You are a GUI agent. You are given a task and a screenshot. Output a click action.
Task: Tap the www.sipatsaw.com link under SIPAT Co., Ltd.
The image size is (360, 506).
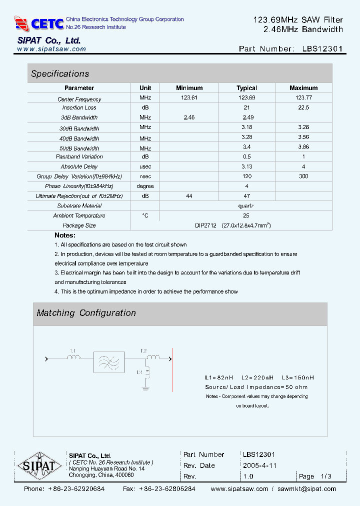click(x=51, y=49)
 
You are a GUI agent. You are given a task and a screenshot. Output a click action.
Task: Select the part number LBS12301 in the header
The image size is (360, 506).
click(x=323, y=49)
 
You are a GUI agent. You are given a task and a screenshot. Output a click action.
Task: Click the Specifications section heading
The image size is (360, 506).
click(x=60, y=74)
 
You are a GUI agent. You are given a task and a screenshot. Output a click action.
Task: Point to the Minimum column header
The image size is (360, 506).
click(x=189, y=88)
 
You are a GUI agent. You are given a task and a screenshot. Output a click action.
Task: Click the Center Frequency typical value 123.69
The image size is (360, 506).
click(x=246, y=98)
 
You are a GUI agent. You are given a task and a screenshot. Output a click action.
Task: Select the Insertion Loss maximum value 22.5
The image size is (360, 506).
click(x=303, y=107)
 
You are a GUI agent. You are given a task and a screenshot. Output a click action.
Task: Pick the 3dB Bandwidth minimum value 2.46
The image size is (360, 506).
click(x=189, y=117)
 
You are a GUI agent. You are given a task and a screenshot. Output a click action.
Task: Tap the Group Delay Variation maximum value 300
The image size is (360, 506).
click(x=303, y=176)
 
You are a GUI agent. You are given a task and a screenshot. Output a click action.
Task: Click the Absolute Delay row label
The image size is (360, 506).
click(x=79, y=166)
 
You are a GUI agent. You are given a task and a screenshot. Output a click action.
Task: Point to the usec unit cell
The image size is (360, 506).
click(x=145, y=166)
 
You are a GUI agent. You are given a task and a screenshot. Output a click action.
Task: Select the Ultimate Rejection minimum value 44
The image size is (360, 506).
click(x=189, y=196)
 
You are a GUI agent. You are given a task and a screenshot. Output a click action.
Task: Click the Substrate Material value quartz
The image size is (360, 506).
click(x=246, y=205)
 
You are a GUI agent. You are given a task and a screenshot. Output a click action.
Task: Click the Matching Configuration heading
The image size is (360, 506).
click(x=86, y=313)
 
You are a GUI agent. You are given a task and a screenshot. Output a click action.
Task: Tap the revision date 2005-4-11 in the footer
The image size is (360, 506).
click(x=259, y=465)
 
